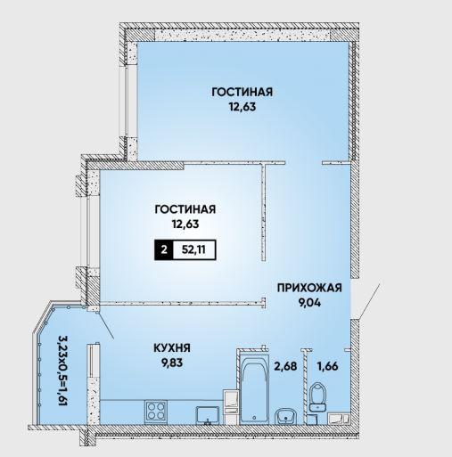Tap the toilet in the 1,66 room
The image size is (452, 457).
pyautogui.click(x=317, y=397)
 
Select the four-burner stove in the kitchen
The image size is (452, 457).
pyautogui.click(x=156, y=412)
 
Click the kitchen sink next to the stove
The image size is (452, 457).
pyautogui.click(x=208, y=415)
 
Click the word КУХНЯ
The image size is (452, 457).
pyautogui.click(x=172, y=347)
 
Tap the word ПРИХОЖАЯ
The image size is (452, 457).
pyautogui.click(x=309, y=288)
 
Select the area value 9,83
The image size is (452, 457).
pyautogui.click(x=172, y=363)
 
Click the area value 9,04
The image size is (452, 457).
pyautogui.click(x=309, y=303)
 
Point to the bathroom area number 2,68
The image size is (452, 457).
pyautogui.click(x=285, y=366)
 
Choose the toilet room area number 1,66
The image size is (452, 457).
pyautogui.click(x=328, y=366)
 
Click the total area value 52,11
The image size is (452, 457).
pyautogui.click(x=193, y=249)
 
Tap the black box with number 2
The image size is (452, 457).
pyautogui.click(x=164, y=249)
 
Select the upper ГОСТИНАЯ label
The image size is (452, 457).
pyautogui.click(x=242, y=92)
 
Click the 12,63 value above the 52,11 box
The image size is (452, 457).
pyautogui.click(x=185, y=224)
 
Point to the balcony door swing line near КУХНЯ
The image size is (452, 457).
pyautogui.click(x=106, y=324)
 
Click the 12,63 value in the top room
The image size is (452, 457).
pyautogui.click(x=242, y=106)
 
